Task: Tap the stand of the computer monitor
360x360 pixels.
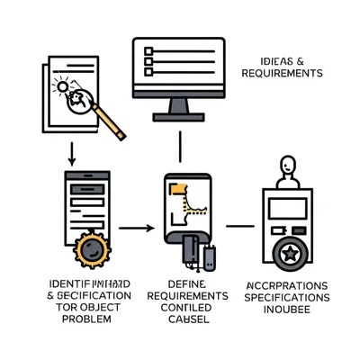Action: coord(177,108)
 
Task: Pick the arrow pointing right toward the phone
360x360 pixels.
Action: coord(137,227)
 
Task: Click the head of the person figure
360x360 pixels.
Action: coord(287,166)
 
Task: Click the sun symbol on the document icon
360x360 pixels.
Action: coord(61,87)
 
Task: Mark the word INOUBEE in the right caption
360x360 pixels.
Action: coord(287,310)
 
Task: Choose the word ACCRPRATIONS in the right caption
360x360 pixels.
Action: coord(287,285)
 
